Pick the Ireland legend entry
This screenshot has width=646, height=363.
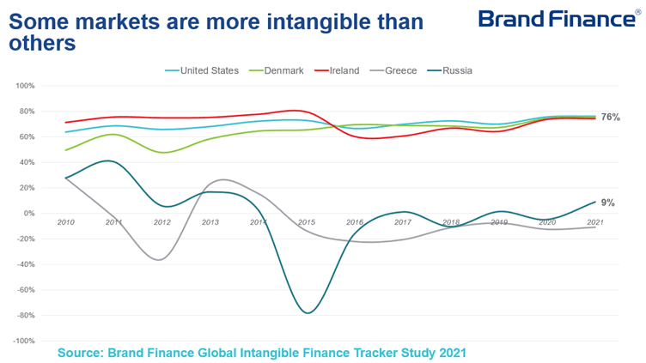(344, 70)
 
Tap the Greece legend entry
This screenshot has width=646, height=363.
(401, 70)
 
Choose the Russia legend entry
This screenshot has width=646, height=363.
(457, 70)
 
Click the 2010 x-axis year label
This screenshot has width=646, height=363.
(65, 222)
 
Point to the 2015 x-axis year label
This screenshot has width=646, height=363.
(307, 222)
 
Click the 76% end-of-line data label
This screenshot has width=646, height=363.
(610, 117)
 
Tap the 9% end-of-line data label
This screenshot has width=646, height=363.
(607, 203)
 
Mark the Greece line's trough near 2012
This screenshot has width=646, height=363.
(158, 259)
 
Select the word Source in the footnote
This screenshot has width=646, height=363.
(82, 352)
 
